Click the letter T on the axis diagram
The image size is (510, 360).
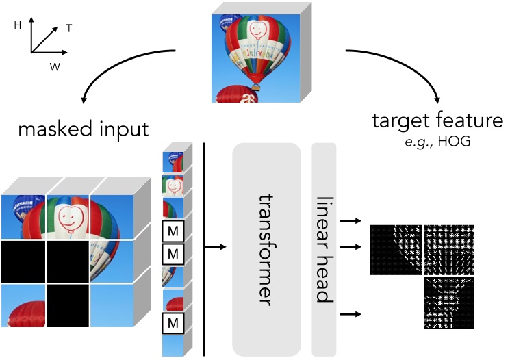(69, 28)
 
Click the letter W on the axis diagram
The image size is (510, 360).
(54, 66)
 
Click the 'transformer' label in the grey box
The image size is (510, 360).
(266, 250)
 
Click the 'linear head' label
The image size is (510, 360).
(324, 250)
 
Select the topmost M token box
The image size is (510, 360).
(173, 229)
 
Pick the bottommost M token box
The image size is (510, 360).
(173, 322)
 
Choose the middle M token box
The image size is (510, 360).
(173, 255)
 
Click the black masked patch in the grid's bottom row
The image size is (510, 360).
(68, 305)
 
